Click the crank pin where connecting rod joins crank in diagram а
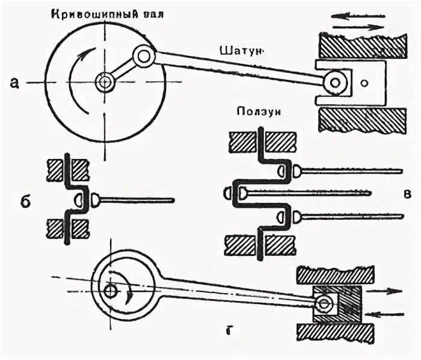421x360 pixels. [144, 57]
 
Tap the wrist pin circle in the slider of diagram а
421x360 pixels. [336, 81]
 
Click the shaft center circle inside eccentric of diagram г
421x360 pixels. [109, 290]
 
